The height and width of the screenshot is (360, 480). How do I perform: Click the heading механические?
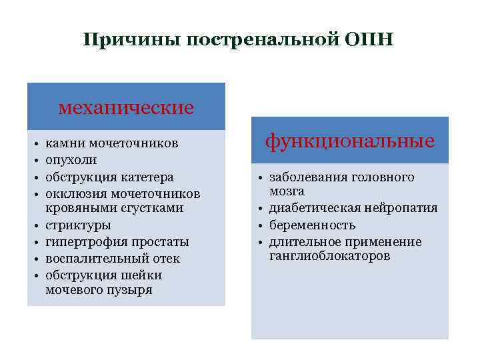coord(126,107)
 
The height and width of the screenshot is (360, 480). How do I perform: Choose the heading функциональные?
coord(350,141)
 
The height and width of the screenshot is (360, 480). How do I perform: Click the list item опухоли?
coord(71,161)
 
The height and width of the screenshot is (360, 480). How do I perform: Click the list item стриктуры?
coord(78,225)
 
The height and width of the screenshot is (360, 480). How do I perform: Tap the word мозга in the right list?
coord(287,191)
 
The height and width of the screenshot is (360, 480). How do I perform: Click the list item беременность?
coord(312,225)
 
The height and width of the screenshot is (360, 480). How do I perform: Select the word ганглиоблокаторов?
coord(330,257)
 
